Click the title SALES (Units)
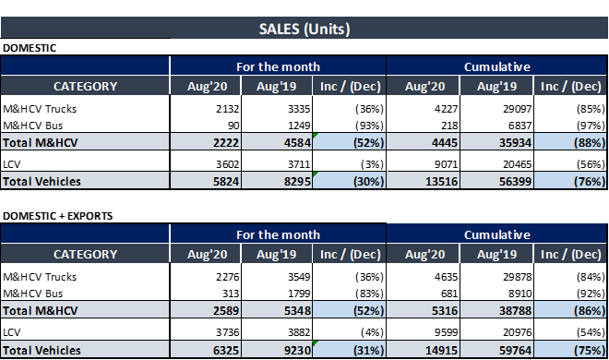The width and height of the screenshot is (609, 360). click(x=304, y=29)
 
